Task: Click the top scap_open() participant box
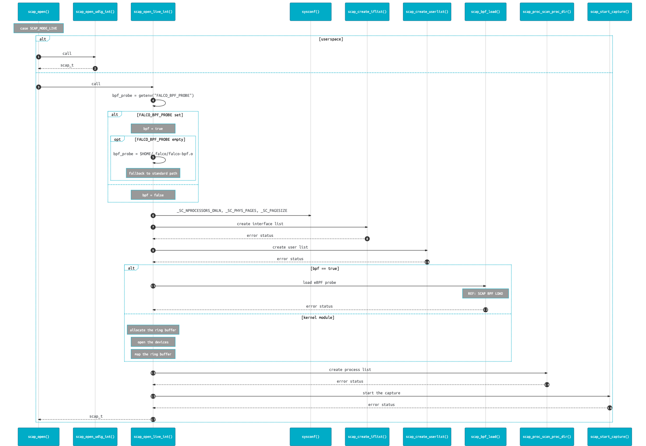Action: pos(38,12)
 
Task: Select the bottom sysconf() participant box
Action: pos(310,437)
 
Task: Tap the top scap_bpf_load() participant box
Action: pos(485,12)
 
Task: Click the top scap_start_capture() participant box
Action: pos(610,12)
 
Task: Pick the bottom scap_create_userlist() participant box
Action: pos(427,437)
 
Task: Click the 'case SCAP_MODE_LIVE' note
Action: pos(38,28)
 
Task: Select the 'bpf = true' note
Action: pos(153,129)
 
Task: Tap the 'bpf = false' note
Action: pos(153,195)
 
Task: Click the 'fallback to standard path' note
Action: pos(153,173)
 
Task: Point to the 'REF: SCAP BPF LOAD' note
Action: pos(485,294)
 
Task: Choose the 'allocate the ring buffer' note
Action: pos(153,330)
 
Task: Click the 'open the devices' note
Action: pos(153,342)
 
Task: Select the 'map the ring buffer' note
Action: pos(153,354)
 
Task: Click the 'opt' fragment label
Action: pos(117,139)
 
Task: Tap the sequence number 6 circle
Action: pos(153,215)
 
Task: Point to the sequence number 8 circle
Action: pos(367,239)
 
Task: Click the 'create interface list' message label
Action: pos(260,224)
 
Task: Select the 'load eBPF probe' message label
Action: pos(320,283)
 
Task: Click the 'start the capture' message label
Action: pos(382,393)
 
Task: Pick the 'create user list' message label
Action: pos(290,247)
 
